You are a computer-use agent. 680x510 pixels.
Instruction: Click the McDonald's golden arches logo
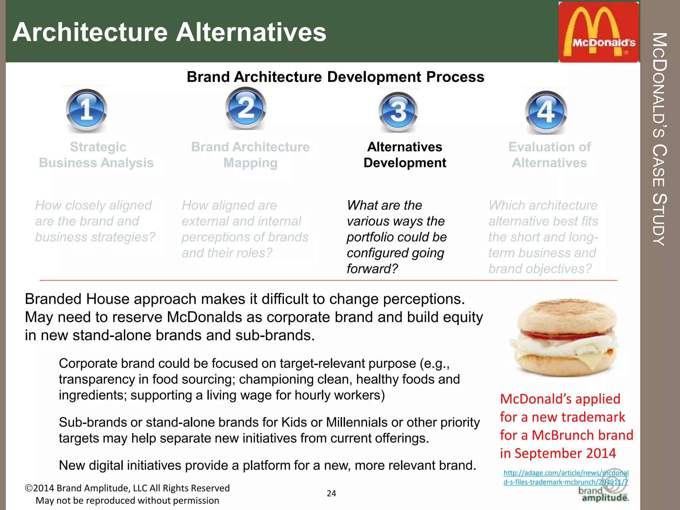tap(599, 32)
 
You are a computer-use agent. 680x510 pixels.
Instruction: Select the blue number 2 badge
tap(246, 108)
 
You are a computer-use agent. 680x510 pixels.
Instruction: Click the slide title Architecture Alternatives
tap(169, 32)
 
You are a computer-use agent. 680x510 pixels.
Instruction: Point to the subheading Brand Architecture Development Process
tap(335, 77)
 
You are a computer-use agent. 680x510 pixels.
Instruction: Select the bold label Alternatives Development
tap(405, 155)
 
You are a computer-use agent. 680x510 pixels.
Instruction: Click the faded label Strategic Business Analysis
tap(96, 155)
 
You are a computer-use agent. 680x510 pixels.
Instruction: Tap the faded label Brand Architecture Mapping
tap(250, 155)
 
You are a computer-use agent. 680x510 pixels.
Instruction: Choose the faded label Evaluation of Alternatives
tap(550, 155)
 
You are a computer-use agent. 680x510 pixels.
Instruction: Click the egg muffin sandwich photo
tap(563, 337)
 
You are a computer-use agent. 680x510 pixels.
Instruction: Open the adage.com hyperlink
tap(566, 477)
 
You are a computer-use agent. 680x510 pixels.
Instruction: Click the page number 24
tap(331, 493)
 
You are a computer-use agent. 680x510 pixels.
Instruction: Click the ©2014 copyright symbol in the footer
tap(29, 488)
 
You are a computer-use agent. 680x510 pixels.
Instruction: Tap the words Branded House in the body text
tap(77, 299)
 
